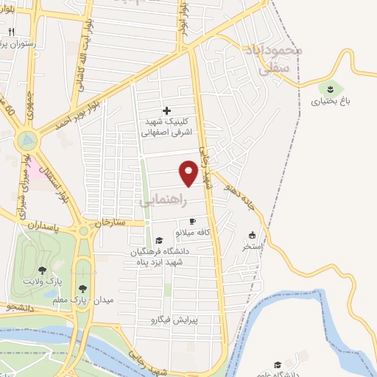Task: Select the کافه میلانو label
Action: [194, 233]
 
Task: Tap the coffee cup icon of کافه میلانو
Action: [193, 221]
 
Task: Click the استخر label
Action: [254, 247]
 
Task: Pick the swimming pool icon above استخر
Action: [252, 236]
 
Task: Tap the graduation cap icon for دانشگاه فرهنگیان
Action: [159, 240]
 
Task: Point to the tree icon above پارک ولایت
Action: [42, 270]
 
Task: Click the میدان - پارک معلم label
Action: [74, 300]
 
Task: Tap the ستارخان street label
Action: [111, 222]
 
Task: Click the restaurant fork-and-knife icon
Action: [12, 32]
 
